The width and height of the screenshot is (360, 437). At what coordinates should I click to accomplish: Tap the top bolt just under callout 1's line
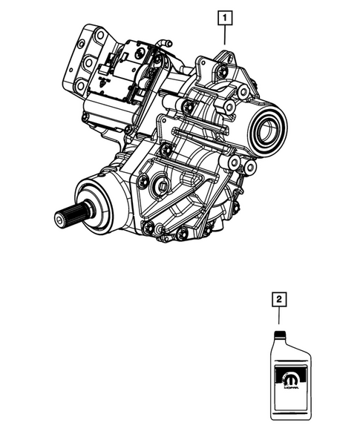(222, 71)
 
